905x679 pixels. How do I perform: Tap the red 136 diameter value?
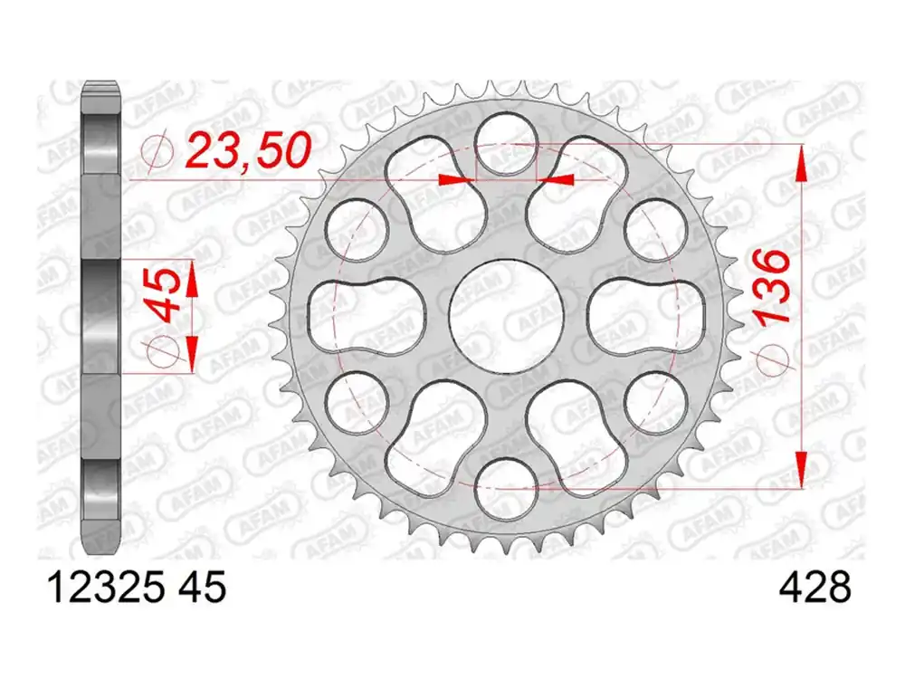[x=770, y=289]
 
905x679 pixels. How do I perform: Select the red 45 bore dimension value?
[x=168, y=296]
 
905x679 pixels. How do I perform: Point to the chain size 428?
[x=814, y=589]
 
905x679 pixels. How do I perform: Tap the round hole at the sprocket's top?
[x=506, y=142]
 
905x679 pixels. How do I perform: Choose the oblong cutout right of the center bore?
[x=644, y=315]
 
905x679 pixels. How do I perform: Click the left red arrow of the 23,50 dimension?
[x=457, y=180]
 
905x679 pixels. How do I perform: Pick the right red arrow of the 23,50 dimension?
[x=556, y=180]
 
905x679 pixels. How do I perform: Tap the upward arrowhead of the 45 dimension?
[x=192, y=276]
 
